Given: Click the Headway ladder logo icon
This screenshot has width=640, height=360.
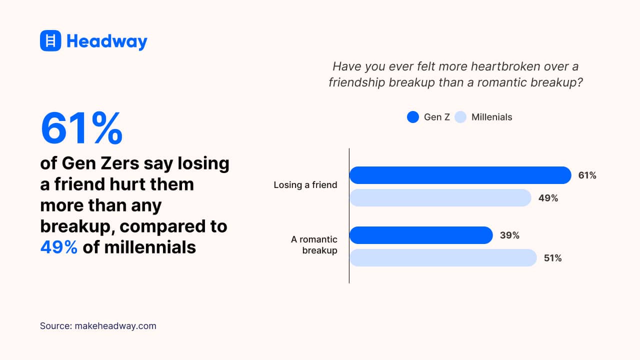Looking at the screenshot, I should [x=50, y=40].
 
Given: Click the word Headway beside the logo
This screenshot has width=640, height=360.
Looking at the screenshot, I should [x=107, y=41].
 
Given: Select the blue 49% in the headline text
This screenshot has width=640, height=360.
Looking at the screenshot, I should [x=58, y=247].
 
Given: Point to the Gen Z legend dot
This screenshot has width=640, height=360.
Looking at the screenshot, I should [x=412, y=117].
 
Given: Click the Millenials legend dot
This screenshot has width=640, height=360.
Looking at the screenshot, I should [x=460, y=117].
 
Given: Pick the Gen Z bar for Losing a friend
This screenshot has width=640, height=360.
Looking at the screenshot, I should [x=460, y=175].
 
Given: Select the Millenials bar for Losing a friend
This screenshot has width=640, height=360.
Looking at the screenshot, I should [x=440, y=198].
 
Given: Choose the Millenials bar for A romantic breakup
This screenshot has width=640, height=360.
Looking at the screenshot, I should [x=443, y=258].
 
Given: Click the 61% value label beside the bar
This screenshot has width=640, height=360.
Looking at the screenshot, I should [x=587, y=175].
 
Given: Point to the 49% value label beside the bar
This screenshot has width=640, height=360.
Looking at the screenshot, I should [x=548, y=198].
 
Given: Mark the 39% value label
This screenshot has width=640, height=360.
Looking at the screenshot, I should [x=509, y=235].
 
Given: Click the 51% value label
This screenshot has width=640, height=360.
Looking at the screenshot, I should [x=552, y=258].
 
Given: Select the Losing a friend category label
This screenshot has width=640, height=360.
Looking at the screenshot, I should [x=305, y=185].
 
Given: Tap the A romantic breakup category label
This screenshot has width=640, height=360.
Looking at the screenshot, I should [x=314, y=245].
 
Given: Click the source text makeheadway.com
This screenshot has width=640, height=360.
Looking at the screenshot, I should [x=115, y=326].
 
